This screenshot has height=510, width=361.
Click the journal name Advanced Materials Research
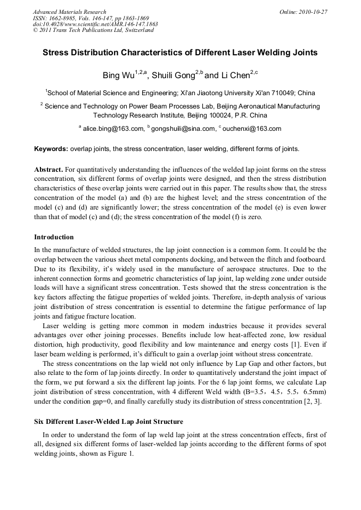(69, 12)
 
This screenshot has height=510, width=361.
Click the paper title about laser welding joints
(180, 53)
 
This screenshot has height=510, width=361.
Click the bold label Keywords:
(51, 149)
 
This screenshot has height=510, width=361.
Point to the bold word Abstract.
(49, 170)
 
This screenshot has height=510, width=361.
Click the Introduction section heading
(54, 237)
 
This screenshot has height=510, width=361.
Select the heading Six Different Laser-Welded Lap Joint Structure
(109, 422)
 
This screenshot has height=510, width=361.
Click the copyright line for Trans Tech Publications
(93, 30)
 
